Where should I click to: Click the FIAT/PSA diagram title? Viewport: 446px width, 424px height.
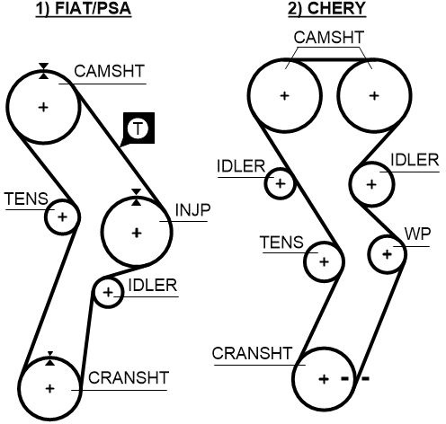pos(84,8)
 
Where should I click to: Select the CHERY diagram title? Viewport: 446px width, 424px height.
pos(327,8)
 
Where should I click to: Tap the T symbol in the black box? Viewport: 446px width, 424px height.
pos(138,128)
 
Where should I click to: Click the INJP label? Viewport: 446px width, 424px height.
pos(192,210)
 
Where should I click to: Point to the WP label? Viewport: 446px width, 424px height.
pos(417,234)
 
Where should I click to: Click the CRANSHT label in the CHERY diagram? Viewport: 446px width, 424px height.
pos(252,353)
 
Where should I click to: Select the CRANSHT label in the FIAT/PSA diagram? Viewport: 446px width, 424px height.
pos(129,378)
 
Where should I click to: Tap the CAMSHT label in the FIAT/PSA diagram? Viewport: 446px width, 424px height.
pos(110,71)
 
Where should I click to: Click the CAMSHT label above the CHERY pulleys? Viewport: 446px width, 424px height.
pos(329,38)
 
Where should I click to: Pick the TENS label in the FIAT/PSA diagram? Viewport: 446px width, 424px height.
pos(26,199)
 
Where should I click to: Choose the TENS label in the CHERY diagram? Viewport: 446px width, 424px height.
pos(282,242)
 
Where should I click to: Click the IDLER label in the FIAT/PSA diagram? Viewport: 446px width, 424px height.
pos(153,286)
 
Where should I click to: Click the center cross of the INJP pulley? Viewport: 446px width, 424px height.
pos(137,233)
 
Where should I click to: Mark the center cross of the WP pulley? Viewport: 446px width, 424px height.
pos(388,254)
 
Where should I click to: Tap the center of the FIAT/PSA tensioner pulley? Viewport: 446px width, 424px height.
pos(62,216)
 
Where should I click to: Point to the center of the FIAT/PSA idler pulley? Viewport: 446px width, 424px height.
pos(108,292)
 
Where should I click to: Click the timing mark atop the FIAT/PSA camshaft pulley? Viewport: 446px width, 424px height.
pos(44,71)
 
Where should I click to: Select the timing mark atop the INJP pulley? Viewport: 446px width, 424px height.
pos(137,198)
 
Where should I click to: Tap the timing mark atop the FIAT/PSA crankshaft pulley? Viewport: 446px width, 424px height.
pos(50,358)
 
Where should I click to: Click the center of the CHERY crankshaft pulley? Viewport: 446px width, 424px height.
pos(324,379)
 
